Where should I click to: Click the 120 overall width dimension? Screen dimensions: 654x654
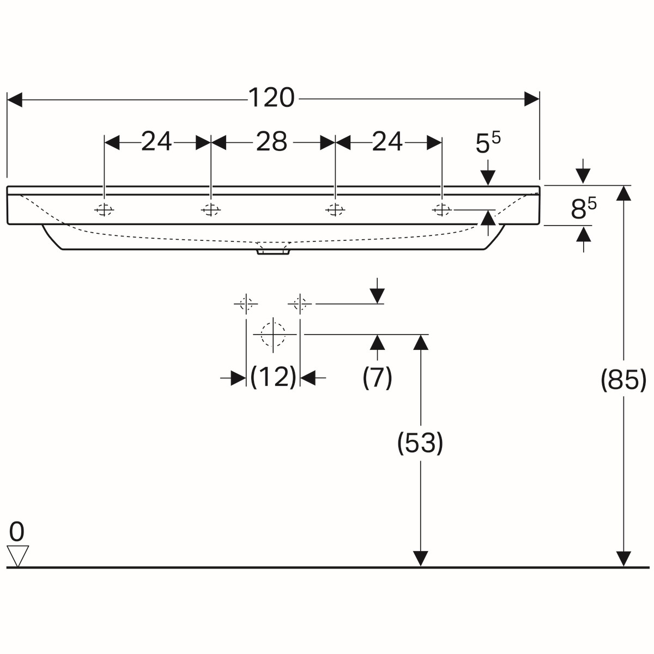271,98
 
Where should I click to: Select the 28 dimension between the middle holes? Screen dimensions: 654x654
271,142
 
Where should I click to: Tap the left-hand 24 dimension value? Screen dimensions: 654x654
156,142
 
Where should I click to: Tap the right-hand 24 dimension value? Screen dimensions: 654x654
387,142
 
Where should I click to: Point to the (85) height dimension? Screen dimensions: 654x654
623,380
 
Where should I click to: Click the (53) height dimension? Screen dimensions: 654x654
420,443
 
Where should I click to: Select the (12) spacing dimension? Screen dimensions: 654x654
273,377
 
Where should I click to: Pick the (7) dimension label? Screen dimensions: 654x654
377,377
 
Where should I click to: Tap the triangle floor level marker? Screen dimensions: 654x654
17,556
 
